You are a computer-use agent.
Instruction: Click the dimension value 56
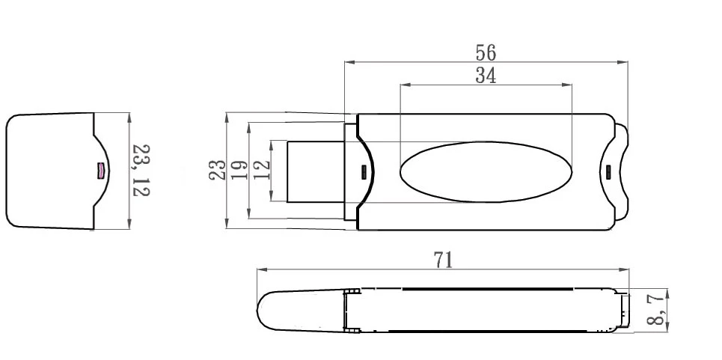[486, 52]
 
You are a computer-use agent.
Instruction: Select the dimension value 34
[486, 76]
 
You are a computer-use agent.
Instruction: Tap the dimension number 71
[444, 260]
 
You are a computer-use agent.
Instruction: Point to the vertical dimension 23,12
[141, 171]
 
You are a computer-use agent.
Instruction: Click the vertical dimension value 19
[239, 170]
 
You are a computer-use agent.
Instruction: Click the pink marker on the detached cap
[98, 171]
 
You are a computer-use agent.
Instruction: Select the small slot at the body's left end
[365, 171]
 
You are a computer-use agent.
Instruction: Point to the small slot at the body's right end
[608, 171]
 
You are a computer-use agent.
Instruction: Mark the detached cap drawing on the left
[56, 171]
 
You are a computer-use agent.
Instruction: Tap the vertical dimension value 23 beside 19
[216, 170]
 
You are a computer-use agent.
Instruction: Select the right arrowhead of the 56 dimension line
[623, 62]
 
